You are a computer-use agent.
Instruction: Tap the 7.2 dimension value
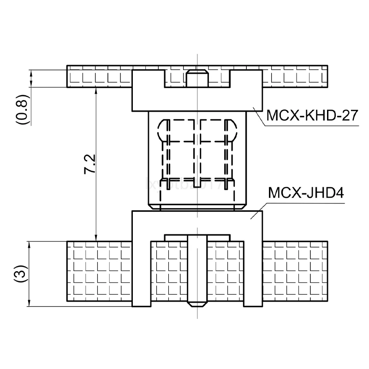pyautogui.click(x=90, y=164)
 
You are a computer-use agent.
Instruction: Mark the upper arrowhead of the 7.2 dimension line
pyautogui.click(x=96, y=91)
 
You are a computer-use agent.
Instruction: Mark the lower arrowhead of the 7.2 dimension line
pyautogui.click(x=96, y=237)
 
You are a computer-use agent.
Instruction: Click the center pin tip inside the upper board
pyautogui.click(x=197, y=78)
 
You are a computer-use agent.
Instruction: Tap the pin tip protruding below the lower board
pyautogui.click(x=197, y=304)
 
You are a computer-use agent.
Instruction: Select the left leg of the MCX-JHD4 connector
pyautogui.click(x=141, y=272)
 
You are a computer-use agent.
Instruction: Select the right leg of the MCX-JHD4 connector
pyautogui.click(x=253, y=272)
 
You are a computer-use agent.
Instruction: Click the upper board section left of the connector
pyautogui.click(x=99, y=77)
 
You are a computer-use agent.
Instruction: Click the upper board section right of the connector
pyautogui.click(x=295, y=77)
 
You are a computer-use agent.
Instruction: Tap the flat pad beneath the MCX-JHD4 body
pyautogui.click(x=197, y=237)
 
